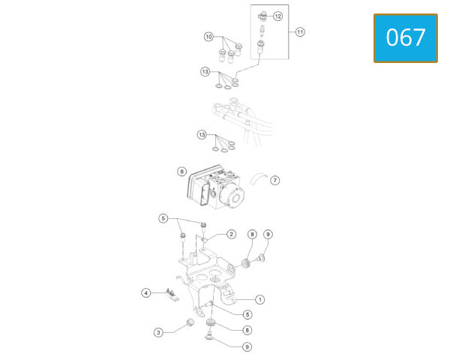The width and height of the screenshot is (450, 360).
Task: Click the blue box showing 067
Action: (406, 38)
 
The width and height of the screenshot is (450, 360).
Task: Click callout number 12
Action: (277, 16)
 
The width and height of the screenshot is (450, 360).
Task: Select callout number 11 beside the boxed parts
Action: (300, 31)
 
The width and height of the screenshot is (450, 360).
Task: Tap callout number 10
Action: (208, 37)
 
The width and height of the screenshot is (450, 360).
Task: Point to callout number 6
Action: (182, 172)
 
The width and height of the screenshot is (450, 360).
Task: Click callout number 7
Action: (275, 180)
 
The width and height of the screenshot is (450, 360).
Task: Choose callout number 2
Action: (231, 234)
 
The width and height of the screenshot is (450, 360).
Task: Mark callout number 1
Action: (259, 300)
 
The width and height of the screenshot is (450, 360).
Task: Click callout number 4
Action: (146, 292)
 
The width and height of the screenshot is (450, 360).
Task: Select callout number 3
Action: (158, 332)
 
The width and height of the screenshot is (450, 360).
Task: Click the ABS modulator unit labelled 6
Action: (216, 187)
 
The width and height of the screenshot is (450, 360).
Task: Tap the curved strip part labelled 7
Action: (259, 178)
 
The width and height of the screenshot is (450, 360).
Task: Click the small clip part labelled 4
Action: (172, 295)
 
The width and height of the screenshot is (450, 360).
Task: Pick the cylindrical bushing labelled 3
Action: (190, 322)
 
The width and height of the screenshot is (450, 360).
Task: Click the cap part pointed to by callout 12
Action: (263, 16)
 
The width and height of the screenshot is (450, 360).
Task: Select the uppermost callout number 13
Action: (205, 71)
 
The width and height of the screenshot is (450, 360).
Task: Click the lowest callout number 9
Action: (247, 346)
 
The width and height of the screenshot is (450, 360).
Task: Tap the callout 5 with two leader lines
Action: (163, 218)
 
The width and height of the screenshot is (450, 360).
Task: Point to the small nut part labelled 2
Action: (205, 240)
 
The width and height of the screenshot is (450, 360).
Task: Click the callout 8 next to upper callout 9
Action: (252, 234)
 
